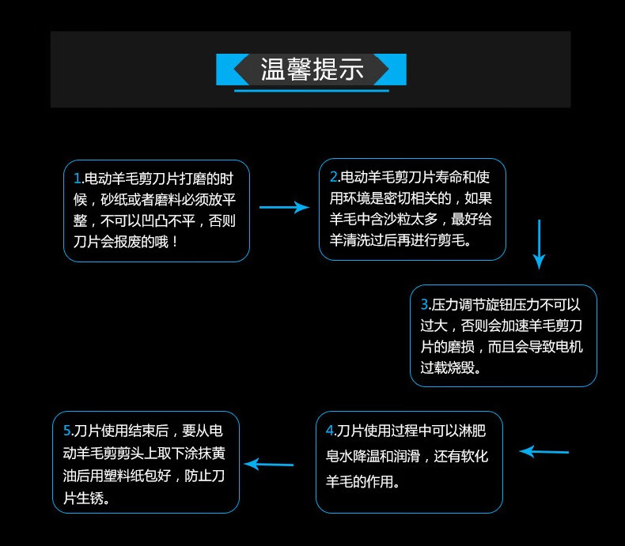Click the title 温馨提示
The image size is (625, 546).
(x=312, y=70)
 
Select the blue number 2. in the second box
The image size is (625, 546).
(x=334, y=176)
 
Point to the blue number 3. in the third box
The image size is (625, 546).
(x=425, y=304)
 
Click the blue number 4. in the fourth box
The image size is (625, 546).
(x=331, y=431)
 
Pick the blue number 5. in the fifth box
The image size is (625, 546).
(x=68, y=431)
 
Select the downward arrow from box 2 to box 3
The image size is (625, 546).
(x=539, y=244)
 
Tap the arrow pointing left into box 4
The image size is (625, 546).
(x=544, y=452)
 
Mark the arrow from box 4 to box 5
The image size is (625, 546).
(x=269, y=464)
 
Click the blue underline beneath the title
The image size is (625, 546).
(x=313, y=91)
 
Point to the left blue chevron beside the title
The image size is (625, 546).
(x=232, y=70)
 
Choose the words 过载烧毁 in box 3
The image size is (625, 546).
(x=450, y=368)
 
